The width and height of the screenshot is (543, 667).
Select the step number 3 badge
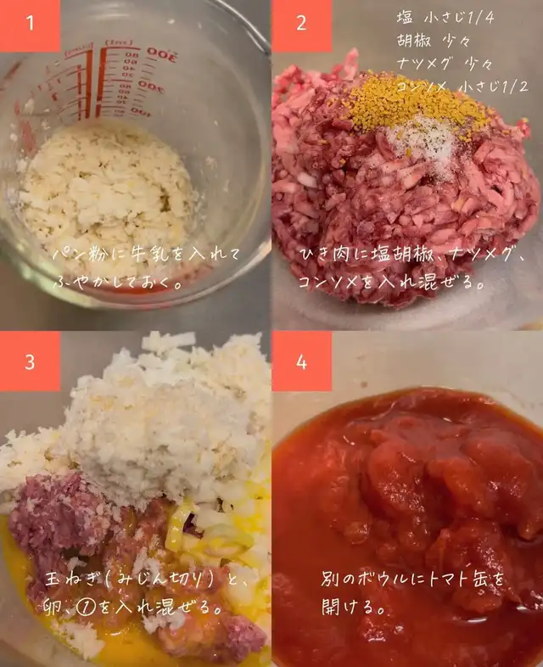[x=30, y=362]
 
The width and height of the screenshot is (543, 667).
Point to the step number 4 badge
[x=301, y=362]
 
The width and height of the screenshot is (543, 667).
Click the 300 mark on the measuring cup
[x=161, y=53]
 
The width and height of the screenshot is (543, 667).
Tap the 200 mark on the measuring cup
[x=150, y=87]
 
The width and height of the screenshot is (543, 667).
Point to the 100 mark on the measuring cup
[x=140, y=111]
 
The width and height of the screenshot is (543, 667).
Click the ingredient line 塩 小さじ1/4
[x=445, y=18]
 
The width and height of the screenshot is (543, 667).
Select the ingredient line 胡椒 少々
[x=434, y=41]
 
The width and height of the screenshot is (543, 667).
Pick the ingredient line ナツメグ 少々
[x=445, y=64]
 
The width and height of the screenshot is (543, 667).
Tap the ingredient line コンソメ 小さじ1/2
[x=462, y=87]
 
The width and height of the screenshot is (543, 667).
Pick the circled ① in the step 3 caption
[x=86, y=608]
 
